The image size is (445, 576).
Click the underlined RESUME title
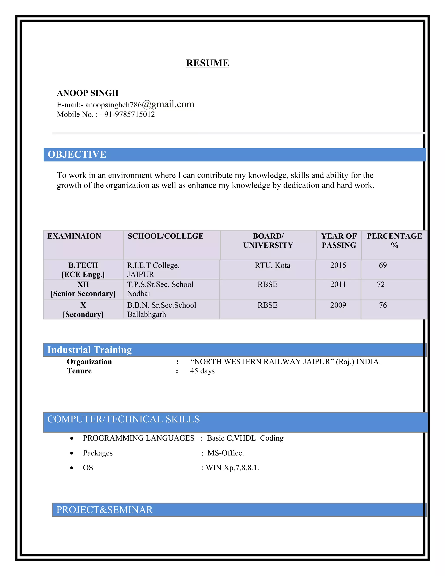tap(208, 63)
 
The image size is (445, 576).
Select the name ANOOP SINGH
tap(88, 93)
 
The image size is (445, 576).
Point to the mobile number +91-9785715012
tap(127, 115)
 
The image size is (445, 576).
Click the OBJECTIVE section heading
tap(77, 155)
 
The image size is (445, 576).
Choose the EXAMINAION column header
tap(74, 236)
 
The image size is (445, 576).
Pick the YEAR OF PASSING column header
tap(339, 241)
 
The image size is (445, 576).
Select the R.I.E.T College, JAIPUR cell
tap(153, 270)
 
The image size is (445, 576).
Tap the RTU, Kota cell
tap(272, 265)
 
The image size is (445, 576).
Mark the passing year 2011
tap(338, 284)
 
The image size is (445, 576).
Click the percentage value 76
tap(383, 305)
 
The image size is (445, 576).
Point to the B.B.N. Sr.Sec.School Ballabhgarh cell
tap(161, 310)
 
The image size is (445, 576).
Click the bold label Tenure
tap(79, 371)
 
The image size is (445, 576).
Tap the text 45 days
tap(202, 371)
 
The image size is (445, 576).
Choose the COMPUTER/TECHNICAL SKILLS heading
tap(123, 419)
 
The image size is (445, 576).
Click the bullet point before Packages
tap(72, 453)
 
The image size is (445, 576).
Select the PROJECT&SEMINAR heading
tap(105, 509)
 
